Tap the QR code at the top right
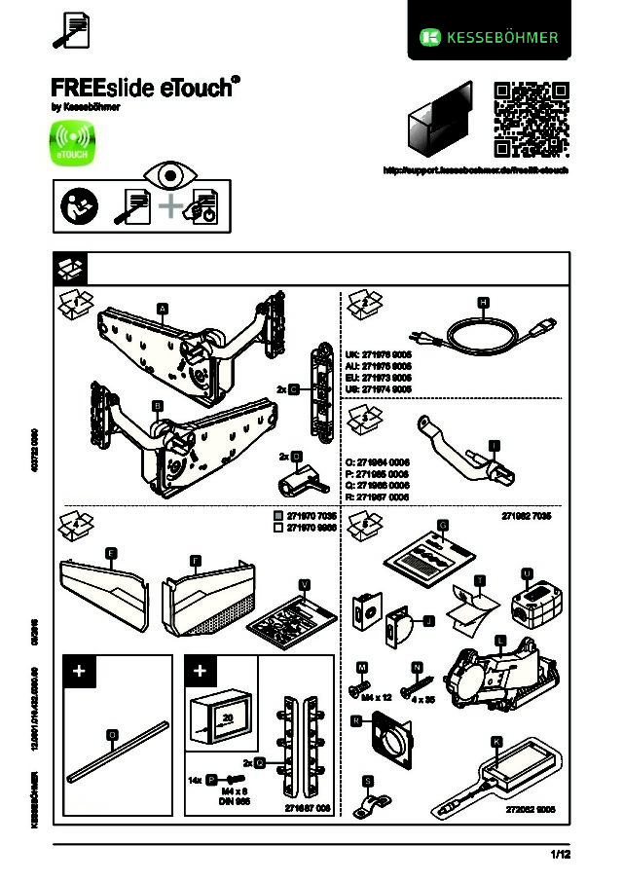(531, 121)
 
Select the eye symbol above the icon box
(170, 176)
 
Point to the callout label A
(164, 309)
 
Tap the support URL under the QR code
(475, 169)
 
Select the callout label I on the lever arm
(495, 446)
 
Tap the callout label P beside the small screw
(211, 781)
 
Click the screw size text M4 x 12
(377, 698)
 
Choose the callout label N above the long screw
(417, 667)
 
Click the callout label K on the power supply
(495, 742)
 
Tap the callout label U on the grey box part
(527, 572)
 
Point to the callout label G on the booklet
(443, 525)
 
